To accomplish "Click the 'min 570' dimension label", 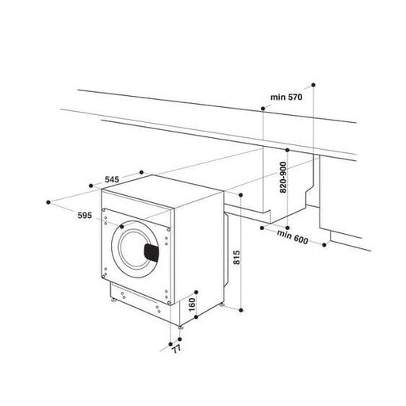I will pyautogui.click(x=287, y=97).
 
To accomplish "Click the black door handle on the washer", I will pyautogui.click(x=151, y=251).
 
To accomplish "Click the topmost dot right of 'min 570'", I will pyautogui.click(x=313, y=82).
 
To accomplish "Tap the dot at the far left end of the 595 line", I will pyautogui.click(x=49, y=202).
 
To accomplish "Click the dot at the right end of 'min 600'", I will pyautogui.click(x=325, y=245).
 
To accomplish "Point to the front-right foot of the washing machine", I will pyautogui.click(x=182, y=325).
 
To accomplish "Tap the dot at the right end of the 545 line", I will pyautogui.click(x=140, y=170).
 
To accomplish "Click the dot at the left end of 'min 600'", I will pyautogui.click(x=261, y=228).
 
